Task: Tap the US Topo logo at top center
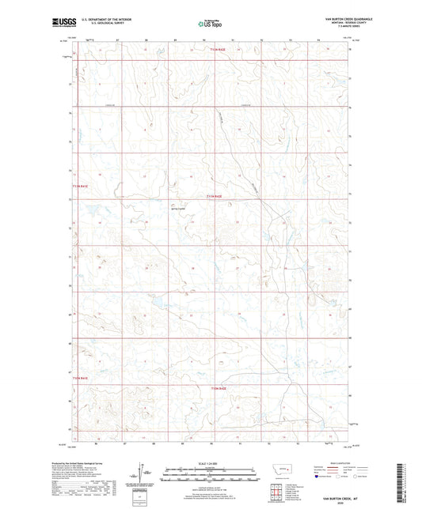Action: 209,25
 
